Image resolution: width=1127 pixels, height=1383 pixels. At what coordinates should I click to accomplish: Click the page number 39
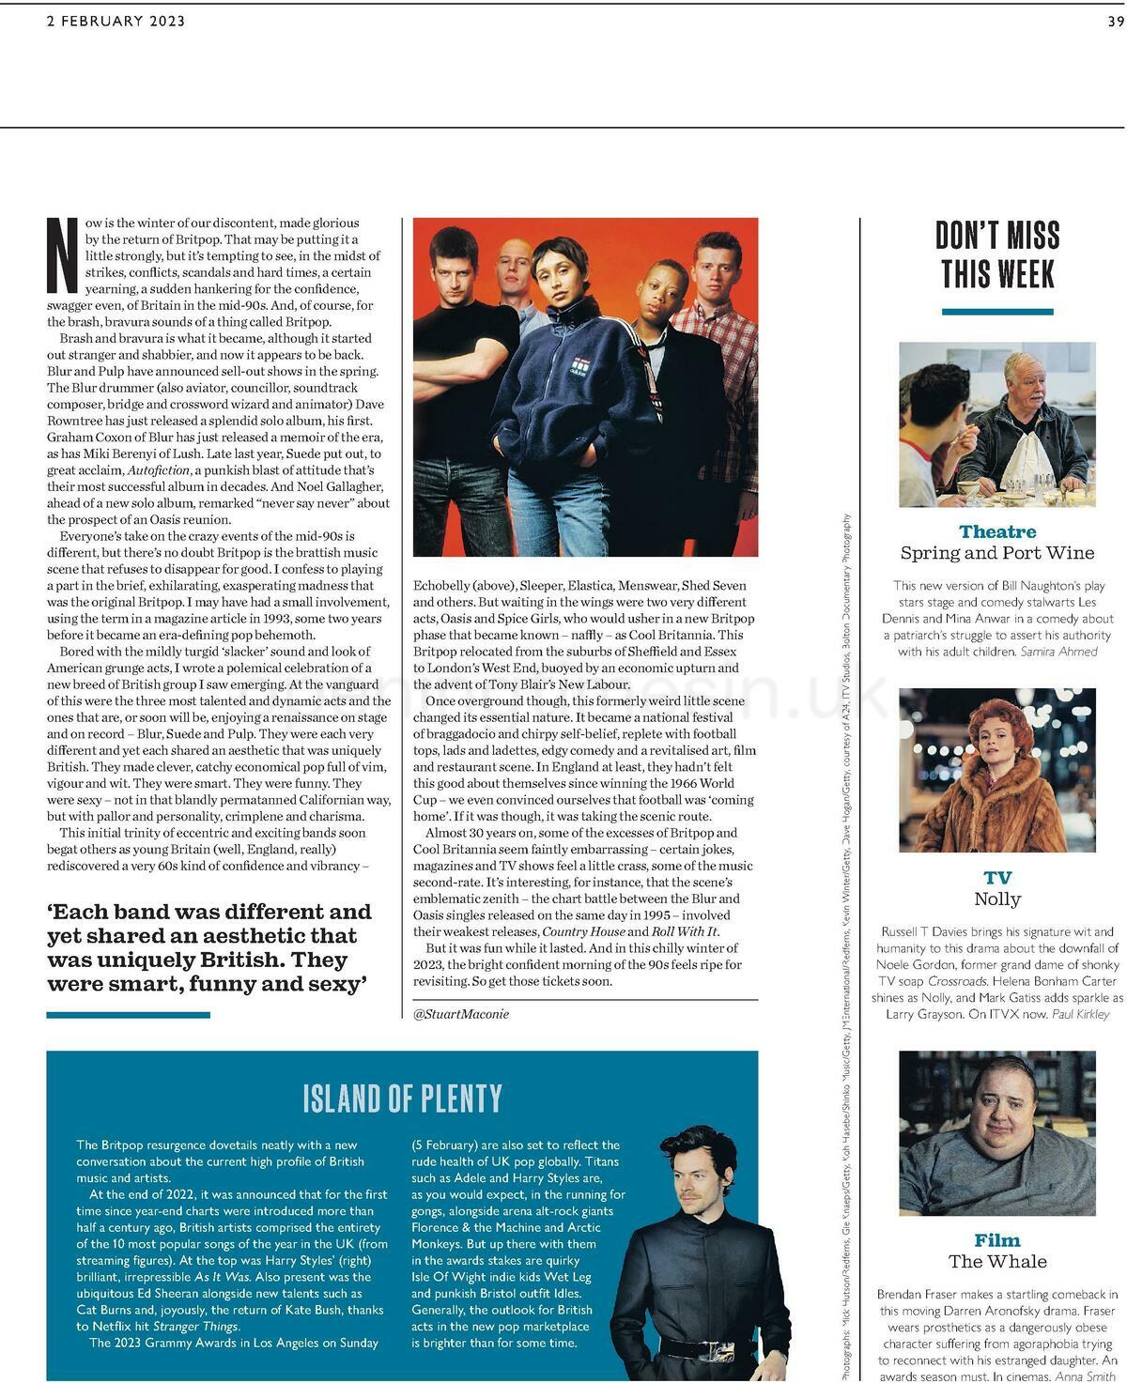click(x=1115, y=22)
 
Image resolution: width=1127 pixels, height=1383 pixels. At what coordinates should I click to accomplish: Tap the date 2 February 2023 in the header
click(x=116, y=22)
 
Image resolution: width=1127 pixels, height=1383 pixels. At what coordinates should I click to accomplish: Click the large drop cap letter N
click(x=63, y=255)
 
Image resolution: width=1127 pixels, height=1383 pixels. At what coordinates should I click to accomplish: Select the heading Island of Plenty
click(x=402, y=1098)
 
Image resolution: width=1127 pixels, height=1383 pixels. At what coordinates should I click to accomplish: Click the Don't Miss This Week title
click(x=997, y=254)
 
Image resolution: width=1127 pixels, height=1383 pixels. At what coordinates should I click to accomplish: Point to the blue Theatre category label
click(x=997, y=531)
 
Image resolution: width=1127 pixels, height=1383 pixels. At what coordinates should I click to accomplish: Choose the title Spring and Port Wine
click(x=997, y=553)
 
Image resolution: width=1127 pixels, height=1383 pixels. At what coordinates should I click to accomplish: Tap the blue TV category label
click(x=997, y=878)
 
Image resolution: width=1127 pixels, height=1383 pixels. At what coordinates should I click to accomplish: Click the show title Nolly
click(x=997, y=899)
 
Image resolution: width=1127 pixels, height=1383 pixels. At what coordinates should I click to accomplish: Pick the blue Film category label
click(x=997, y=1240)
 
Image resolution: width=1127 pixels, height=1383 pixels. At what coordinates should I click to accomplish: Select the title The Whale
click(x=997, y=1261)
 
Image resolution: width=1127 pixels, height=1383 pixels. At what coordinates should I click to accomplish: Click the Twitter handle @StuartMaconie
click(x=461, y=1014)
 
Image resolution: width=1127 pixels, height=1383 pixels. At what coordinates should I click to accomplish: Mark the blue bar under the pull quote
click(x=128, y=1015)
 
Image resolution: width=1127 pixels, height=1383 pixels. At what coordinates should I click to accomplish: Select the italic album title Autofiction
click(x=159, y=469)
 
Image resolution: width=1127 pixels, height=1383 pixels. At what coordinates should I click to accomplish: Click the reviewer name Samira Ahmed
click(x=1058, y=652)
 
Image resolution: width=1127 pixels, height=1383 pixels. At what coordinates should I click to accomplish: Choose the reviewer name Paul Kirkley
click(x=1080, y=1014)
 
